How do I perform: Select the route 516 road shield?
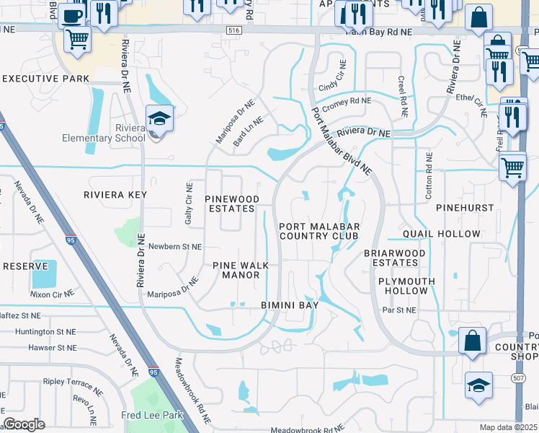pos(231,28)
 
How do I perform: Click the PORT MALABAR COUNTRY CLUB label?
pos(318,231)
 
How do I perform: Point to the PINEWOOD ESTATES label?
pos(231,204)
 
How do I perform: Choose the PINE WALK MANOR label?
pos(241,270)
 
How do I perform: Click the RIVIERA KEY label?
pos(115,195)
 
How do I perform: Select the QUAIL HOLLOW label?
pos(441,234)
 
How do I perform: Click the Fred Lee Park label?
pos(153,415)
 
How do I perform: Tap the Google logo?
pos(24,424)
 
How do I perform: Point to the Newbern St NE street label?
pos(176,247)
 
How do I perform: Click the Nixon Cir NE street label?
pos(52,294)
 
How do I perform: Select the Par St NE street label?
pos(399,310)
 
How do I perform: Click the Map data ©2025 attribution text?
pos(508,427)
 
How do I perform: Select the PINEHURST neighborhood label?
pos(465,208)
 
